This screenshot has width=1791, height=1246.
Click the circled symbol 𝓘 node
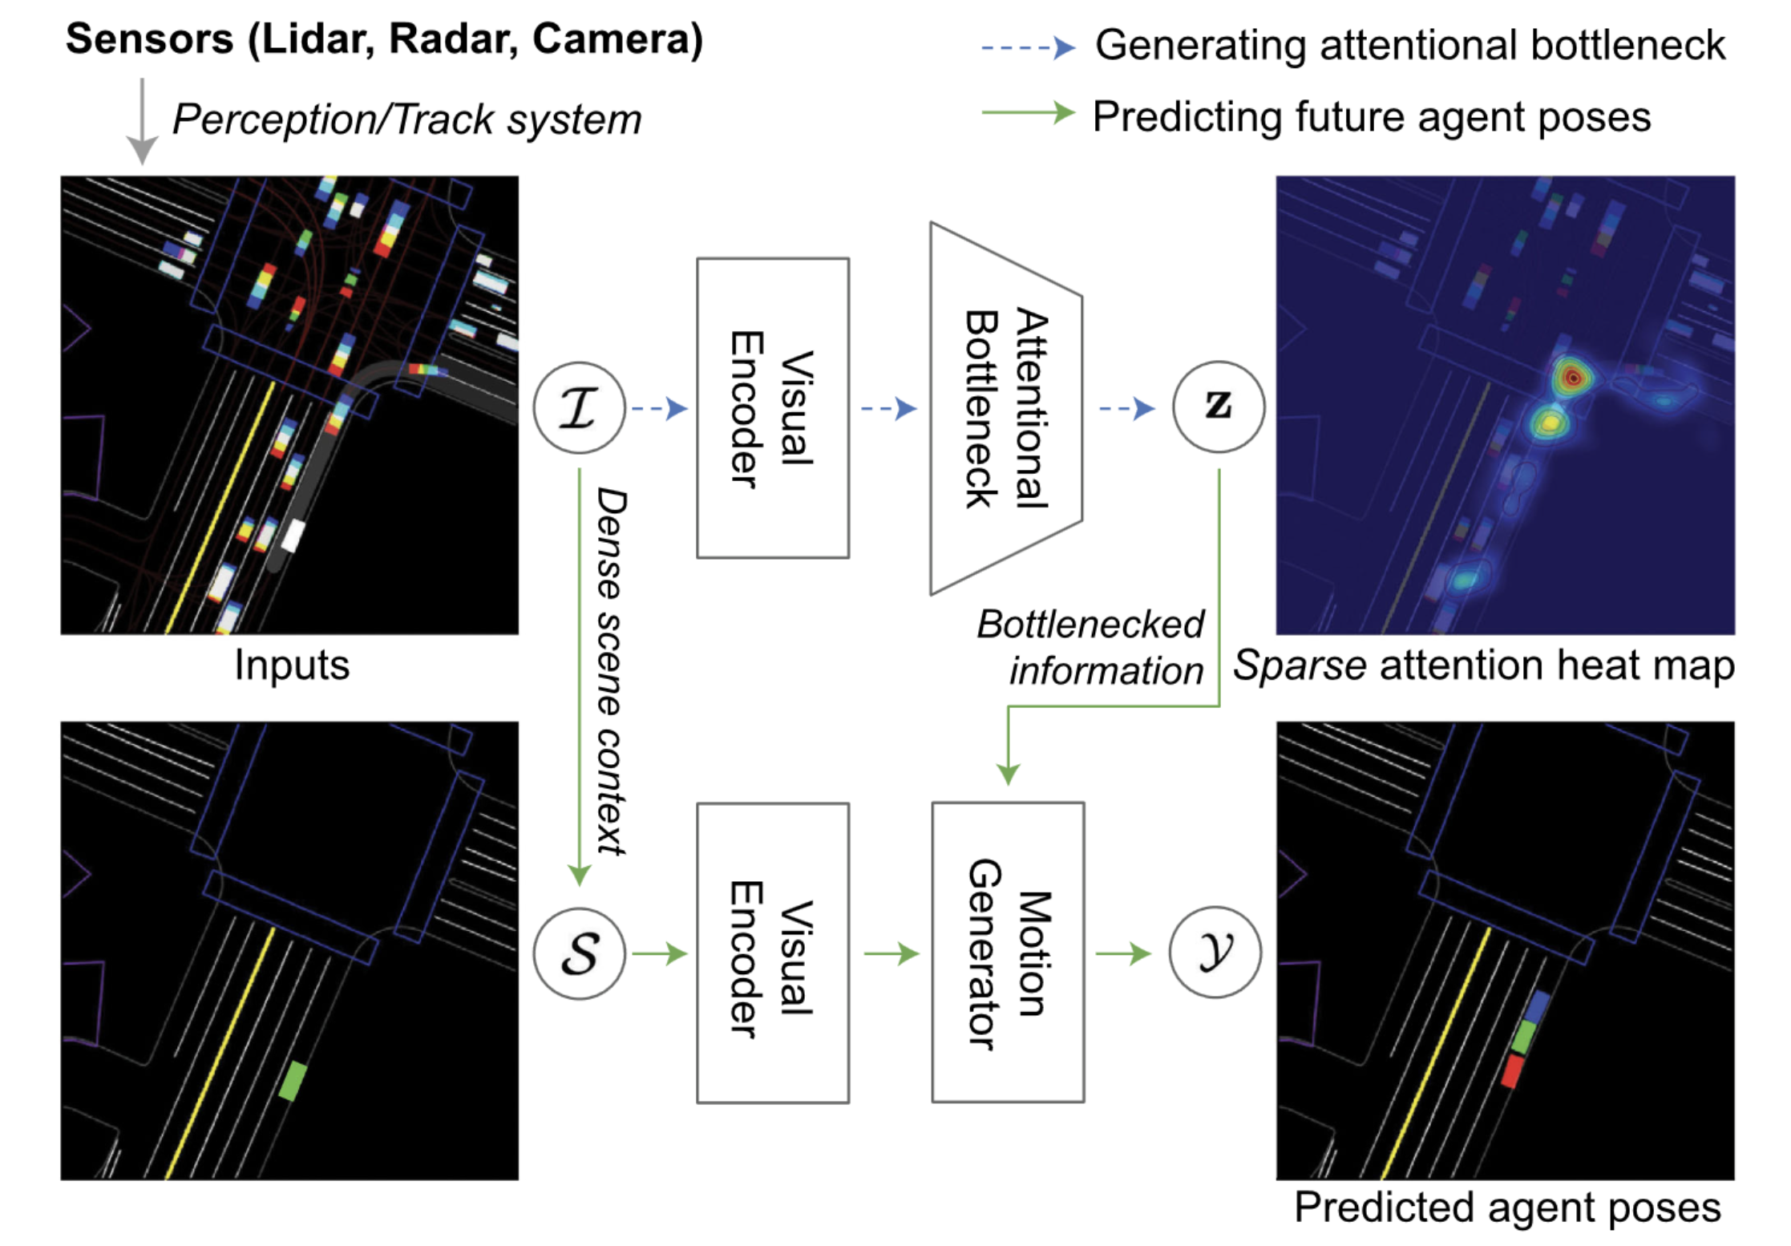[x=578, y=408]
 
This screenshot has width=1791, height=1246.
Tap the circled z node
[x=1218, y=407]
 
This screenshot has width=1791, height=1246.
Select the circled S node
[x=578, y=953]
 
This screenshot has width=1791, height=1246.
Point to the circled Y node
[x=1215, y=953]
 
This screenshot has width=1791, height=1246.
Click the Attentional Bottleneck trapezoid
[x=1005, y=408]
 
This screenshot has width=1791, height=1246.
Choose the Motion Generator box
[x=1007, y=953]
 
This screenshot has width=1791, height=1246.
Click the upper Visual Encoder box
[x=772, y=408]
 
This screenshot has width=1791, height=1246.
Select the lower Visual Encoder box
[x=772, y=953]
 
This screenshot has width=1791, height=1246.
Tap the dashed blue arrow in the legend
[x=1027, y=48]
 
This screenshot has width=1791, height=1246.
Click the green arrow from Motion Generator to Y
[x=1122, y=953]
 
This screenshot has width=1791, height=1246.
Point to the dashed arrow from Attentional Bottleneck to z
[x=1126, y=409]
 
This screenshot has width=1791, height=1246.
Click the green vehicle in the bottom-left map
[x=293, y=1080]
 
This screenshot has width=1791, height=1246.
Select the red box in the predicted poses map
[x=1511, y=1071]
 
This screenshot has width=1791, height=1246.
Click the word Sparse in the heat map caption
[x=1299, y=665]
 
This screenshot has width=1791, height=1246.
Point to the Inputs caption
[x=292, y=665]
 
